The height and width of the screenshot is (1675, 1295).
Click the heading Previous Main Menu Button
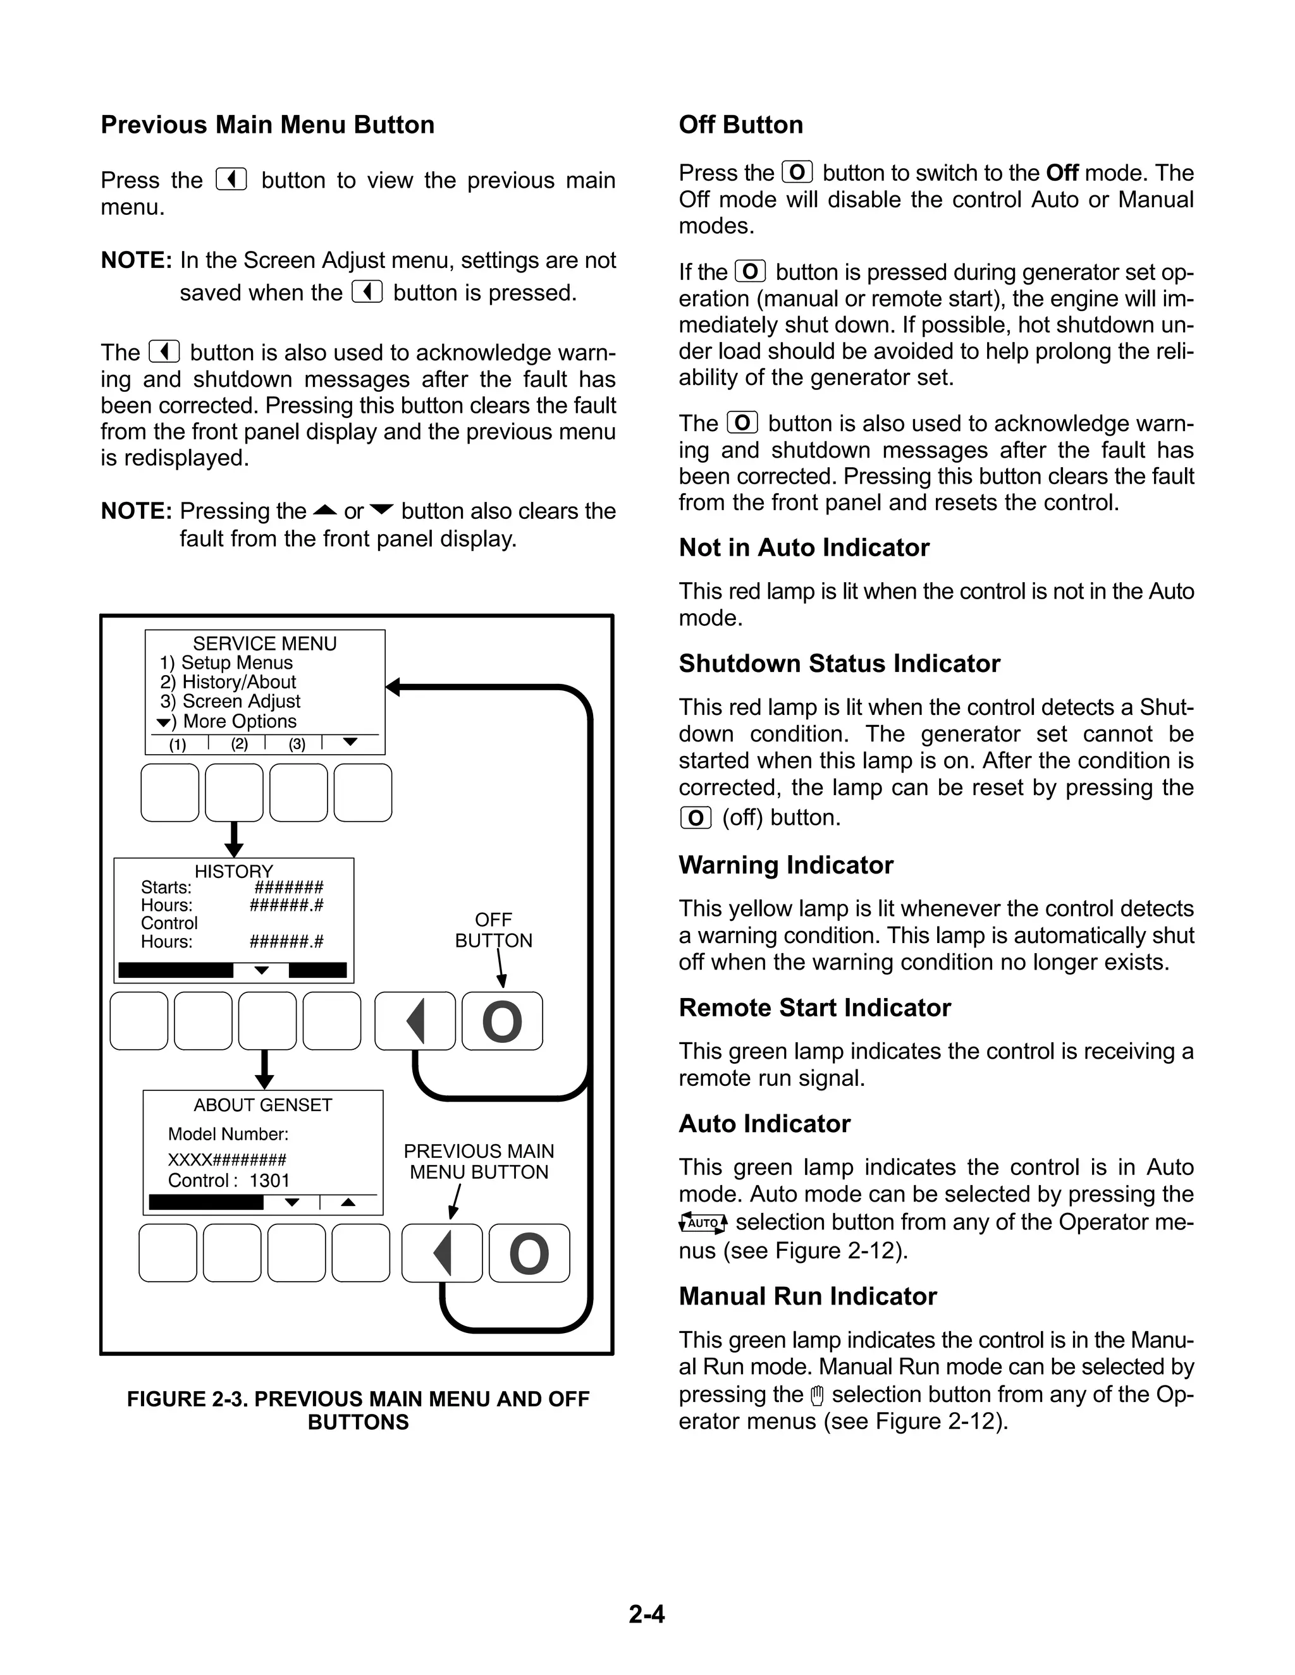pyautogui.click(x=267, y=125)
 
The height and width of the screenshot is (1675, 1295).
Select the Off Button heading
pyautogui.click(x=740, y=125)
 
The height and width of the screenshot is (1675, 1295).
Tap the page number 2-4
pyautogui.click(x=647, y=1614)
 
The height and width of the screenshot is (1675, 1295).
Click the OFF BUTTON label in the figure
pyautogui.click(x=493, y=930)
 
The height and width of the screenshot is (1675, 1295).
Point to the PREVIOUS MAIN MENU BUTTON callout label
pyautogui.click(x=479, y=1161)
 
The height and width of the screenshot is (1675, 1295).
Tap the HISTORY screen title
pyautogui.click(x=233, y=871)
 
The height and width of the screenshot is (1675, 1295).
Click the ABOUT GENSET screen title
pyautogui.click(x=262, y=1105)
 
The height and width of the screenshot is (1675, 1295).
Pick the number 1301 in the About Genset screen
pyautogui.click(x=269, y=1180)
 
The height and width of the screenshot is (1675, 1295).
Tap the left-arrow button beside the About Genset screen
pyautogui.click(x=442, y=1253)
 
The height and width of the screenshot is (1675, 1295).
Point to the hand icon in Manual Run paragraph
pyautogui.click(x=817, y=1395)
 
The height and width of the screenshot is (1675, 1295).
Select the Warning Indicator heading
pyautogui.click(x=785, y=865)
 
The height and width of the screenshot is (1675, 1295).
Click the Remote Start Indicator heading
pyautogui.click(x=814, y=1008)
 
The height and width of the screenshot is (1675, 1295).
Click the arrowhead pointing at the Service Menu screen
pyautogui.click(x=393, y=686)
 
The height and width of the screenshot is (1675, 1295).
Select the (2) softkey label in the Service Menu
pyautogui.click(x=240, y=744)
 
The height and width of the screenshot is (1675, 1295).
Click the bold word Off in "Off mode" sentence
pyautogui.click(x=1062, y=173)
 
